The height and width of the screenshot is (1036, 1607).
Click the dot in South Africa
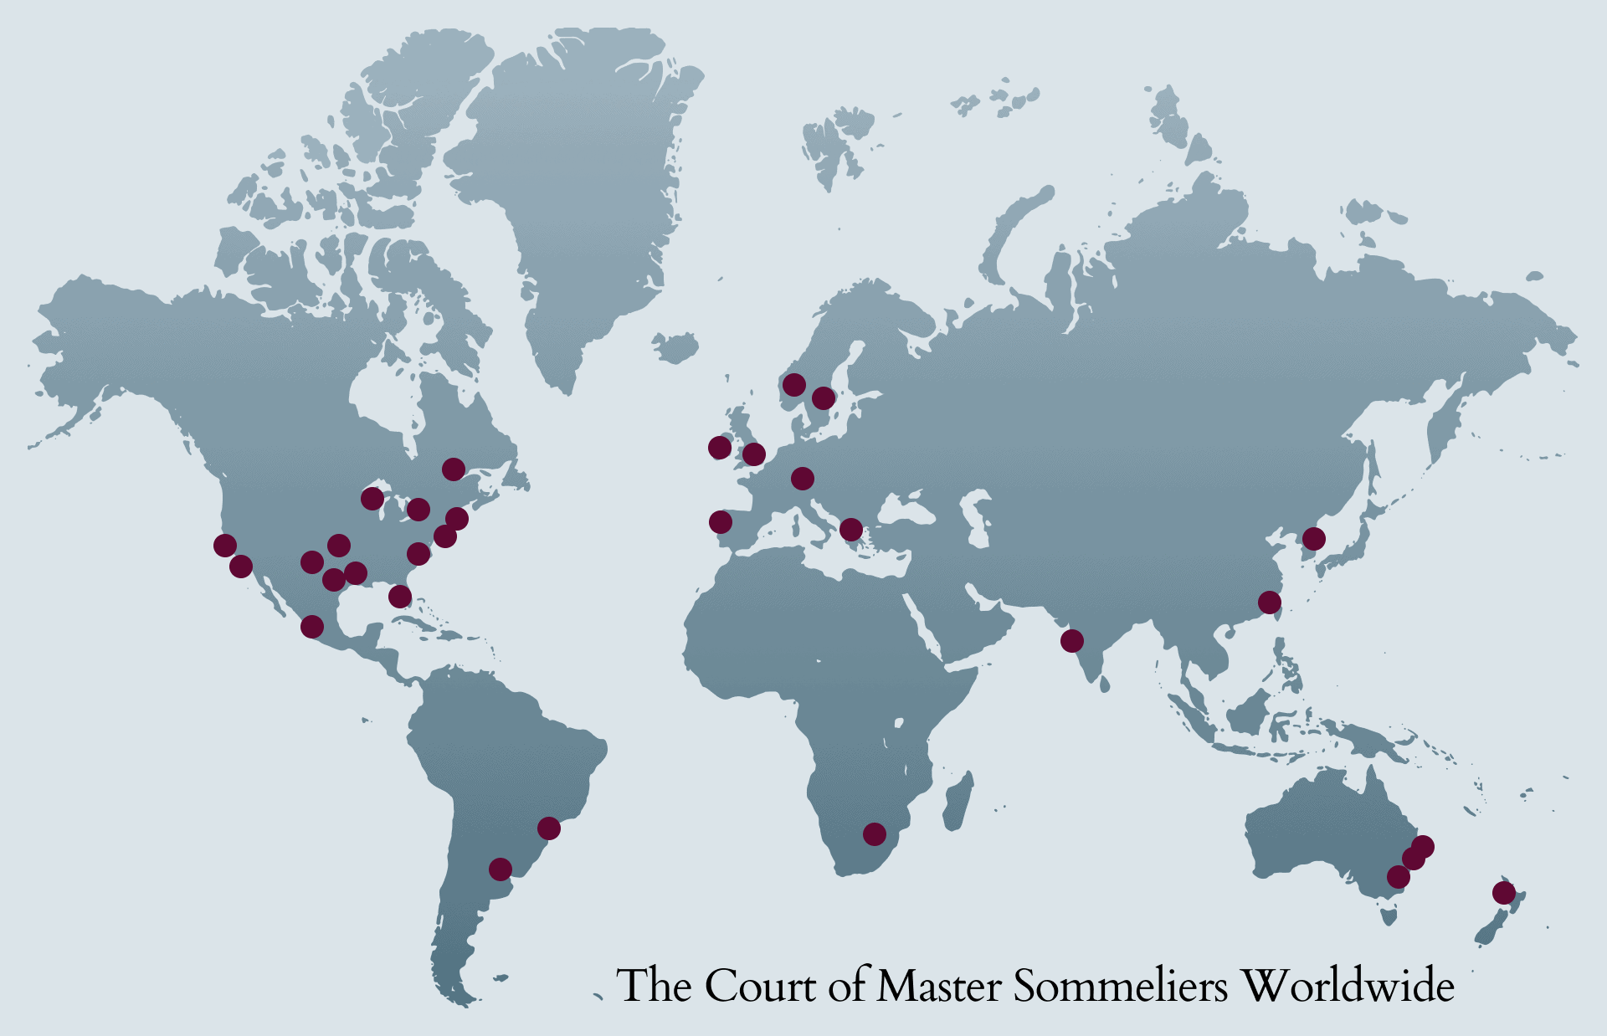tap(874, 833)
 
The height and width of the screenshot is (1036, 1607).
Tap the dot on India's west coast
tap(1071, 641)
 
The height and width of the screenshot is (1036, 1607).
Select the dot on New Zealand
tap(1503, 893)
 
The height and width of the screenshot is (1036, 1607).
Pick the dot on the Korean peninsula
tap(1313, 538)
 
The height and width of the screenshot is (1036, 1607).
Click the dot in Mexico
tap(311, 626)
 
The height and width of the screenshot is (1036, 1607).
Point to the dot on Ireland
tap(719, 448)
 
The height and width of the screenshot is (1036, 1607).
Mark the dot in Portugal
tap(720, 522)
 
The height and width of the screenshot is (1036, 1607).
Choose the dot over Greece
tap(850, 529)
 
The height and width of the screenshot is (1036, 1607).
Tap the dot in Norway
tap(793, 385)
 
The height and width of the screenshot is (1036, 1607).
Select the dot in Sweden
tap(823, 397)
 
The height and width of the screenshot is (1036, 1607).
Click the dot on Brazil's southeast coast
tap(548, 828)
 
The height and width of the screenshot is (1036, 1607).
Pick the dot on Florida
tap(400, 597)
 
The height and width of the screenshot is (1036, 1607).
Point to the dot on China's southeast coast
tap(1269, 603)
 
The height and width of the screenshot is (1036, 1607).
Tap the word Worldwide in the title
tap(1348, 986)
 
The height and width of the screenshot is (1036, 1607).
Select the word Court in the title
tap(759, 986)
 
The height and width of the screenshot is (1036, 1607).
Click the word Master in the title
tap(938, 986)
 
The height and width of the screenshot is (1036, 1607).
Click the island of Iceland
tap(676, 346)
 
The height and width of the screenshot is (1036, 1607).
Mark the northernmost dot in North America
tap(453, 469)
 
